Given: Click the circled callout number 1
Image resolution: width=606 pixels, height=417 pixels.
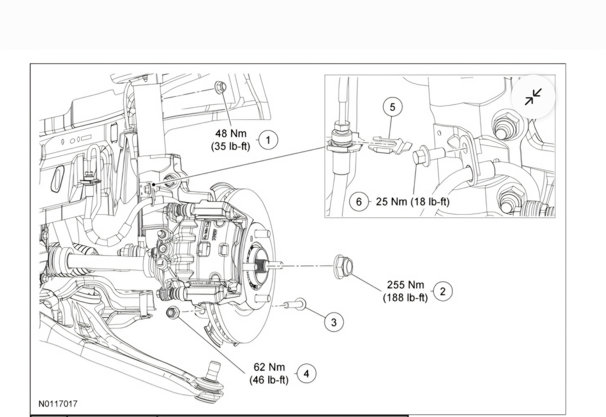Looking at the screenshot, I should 268,140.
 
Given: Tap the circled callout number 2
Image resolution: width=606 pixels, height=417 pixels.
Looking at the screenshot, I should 443,291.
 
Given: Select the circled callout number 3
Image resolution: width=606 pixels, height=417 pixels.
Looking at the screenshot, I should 334,322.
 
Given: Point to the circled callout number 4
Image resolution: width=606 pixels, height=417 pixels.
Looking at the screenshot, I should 306,374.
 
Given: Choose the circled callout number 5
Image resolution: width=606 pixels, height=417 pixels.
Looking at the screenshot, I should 392,107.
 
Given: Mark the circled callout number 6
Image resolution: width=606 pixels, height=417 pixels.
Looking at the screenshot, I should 359,201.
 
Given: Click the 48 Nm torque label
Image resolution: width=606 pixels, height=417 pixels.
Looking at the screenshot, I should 231,133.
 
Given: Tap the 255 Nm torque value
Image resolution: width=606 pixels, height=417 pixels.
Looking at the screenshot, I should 405,285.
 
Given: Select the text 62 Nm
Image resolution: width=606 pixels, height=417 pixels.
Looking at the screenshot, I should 269,367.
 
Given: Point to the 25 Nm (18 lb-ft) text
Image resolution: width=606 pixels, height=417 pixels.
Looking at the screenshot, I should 412,201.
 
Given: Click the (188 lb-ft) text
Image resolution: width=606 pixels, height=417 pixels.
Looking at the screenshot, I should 405,298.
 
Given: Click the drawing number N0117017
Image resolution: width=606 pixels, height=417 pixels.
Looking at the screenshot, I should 58,404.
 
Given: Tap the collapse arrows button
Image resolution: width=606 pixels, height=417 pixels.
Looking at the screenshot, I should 533,97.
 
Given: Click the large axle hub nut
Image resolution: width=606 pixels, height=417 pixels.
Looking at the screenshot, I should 343,266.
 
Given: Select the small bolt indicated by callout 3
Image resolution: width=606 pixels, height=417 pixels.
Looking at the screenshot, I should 296,304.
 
